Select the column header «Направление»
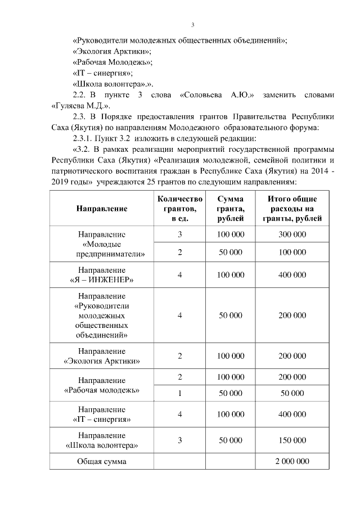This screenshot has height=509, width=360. point(102,208)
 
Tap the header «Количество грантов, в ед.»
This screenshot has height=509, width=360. point(179,208)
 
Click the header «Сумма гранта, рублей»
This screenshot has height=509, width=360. point(231,208)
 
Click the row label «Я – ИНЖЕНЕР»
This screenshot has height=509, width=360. point(102,274)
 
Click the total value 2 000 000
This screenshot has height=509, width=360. point(292,461)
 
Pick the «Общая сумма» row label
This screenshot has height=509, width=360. point(102,461)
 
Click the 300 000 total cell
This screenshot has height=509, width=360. point(292,234)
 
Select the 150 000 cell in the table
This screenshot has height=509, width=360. point(292,440)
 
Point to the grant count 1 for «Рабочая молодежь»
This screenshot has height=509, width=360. point(179,393)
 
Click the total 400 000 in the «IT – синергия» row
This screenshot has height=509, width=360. point(292,414)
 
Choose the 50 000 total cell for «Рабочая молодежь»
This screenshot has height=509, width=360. point(292,393)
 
